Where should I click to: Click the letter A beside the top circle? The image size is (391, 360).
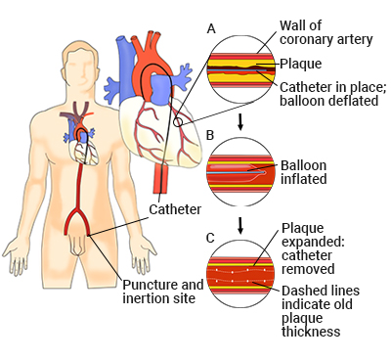click(211, 29)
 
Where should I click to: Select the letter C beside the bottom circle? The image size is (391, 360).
click(211, 239)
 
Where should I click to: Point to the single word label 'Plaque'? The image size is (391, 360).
click(301, 65)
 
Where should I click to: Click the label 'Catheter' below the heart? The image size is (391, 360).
click(175, 208)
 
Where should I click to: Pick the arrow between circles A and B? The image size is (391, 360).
click(240, 120)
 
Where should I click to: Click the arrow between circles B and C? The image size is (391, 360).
click(240, 225)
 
